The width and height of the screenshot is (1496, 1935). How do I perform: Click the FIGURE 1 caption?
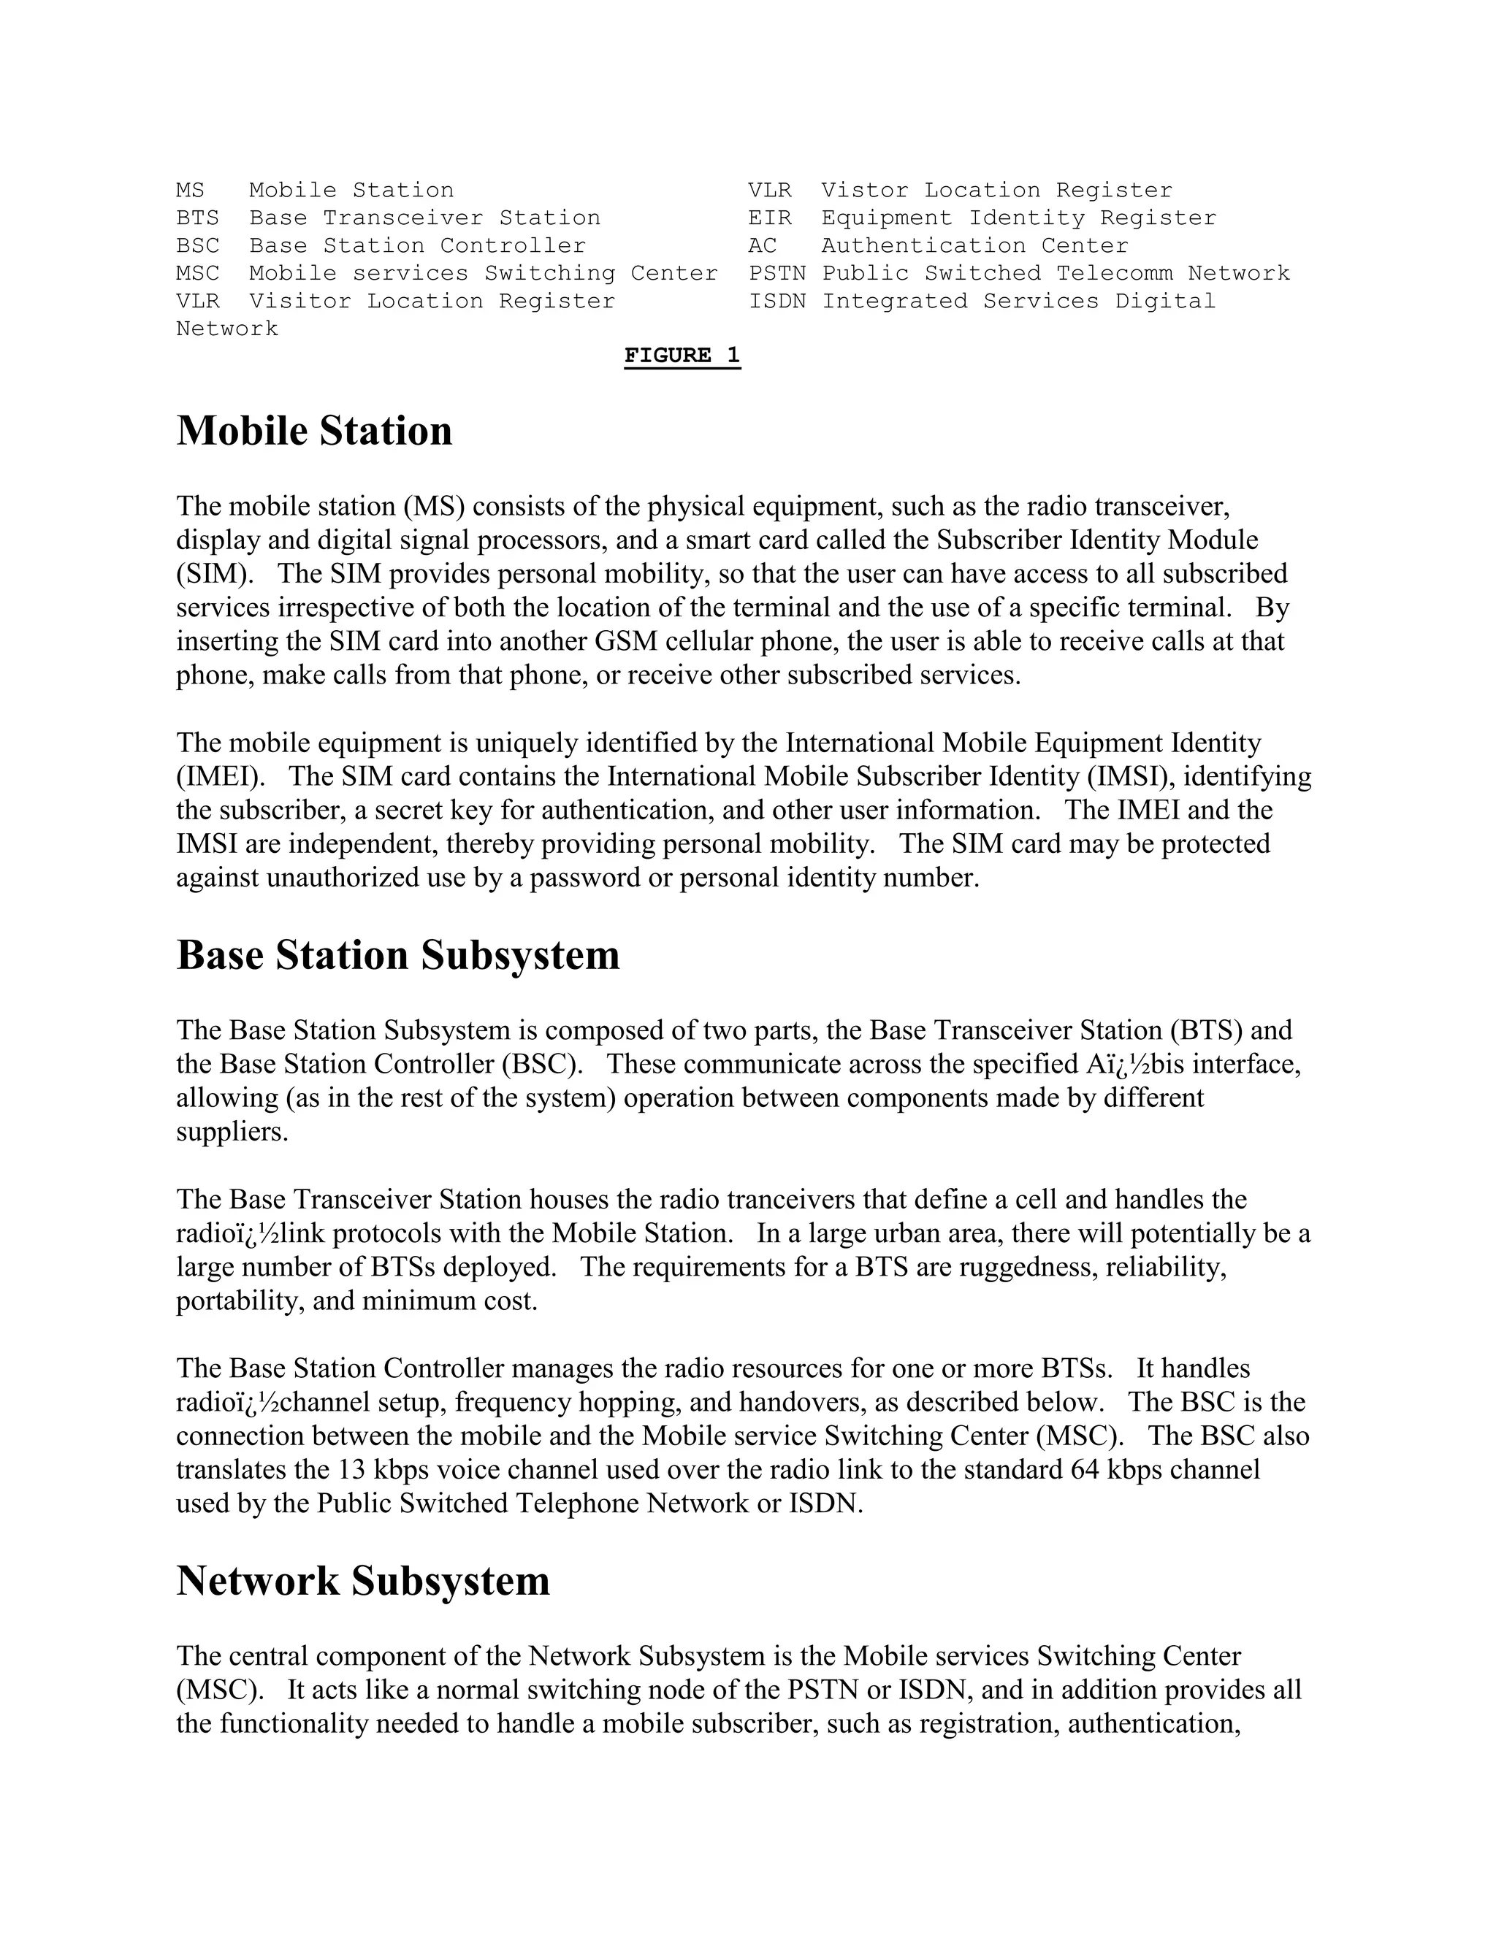tap(682, 356)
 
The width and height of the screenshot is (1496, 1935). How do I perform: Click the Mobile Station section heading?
tap(315, 432)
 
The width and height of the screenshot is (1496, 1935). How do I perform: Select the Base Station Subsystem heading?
tap(398, 955)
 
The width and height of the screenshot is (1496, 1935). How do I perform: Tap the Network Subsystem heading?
tap(363, 1582)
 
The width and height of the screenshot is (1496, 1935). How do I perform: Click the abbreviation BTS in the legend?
tap(198, 218)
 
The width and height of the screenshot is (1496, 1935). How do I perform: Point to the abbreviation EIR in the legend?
tap(769, 218)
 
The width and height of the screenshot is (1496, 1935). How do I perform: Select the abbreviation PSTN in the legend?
tap(777, 274)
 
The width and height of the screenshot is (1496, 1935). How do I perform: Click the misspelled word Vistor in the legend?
tap(865, 191)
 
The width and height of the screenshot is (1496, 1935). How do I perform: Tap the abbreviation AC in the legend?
tap(762, 245)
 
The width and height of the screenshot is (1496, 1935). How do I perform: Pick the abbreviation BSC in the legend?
tap(198, 245)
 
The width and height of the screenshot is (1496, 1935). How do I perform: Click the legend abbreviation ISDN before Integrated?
tap(777, 302)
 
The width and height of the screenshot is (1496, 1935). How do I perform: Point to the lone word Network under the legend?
tap(227, 329)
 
